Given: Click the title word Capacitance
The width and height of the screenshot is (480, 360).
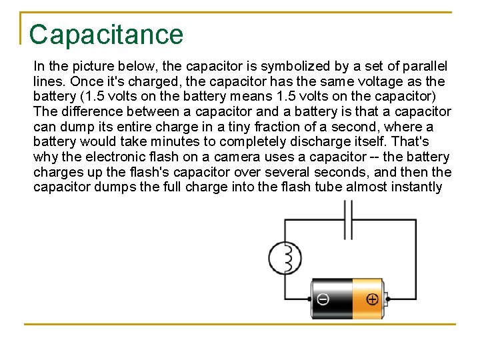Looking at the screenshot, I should [x=106, y=35].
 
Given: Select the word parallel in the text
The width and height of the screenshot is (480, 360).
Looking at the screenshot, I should [x=426, y=67].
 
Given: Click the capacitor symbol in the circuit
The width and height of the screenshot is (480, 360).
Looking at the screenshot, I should [x=347, y=220].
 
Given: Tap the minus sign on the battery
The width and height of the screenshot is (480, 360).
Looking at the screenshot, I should [x=323, y=299].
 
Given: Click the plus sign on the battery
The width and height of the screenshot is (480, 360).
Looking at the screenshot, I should [x=372, y=299].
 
